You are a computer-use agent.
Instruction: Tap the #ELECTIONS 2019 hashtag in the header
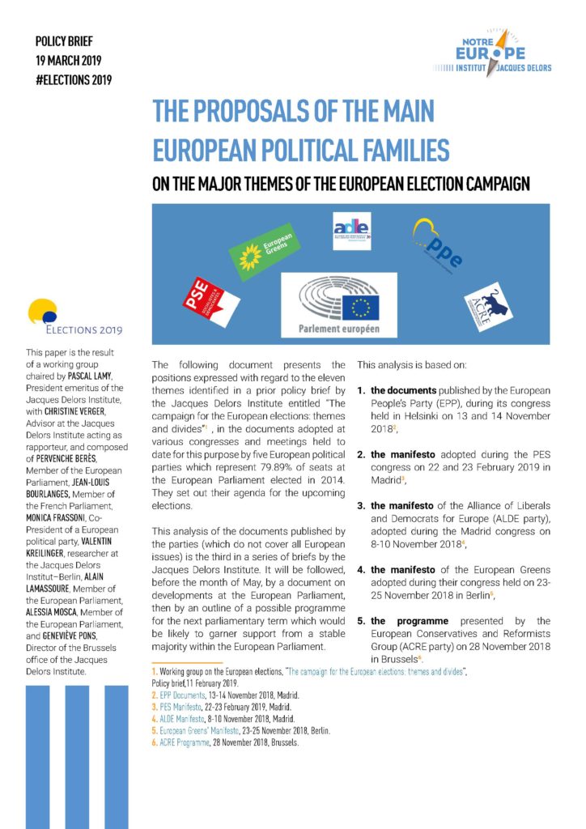click(74, 79)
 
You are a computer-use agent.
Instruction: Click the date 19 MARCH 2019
click(74, 60)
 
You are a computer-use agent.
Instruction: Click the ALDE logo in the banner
click(352, 230)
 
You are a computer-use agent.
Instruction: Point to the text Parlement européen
click(338, 329)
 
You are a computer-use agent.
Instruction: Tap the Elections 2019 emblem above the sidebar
click(74, 319)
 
